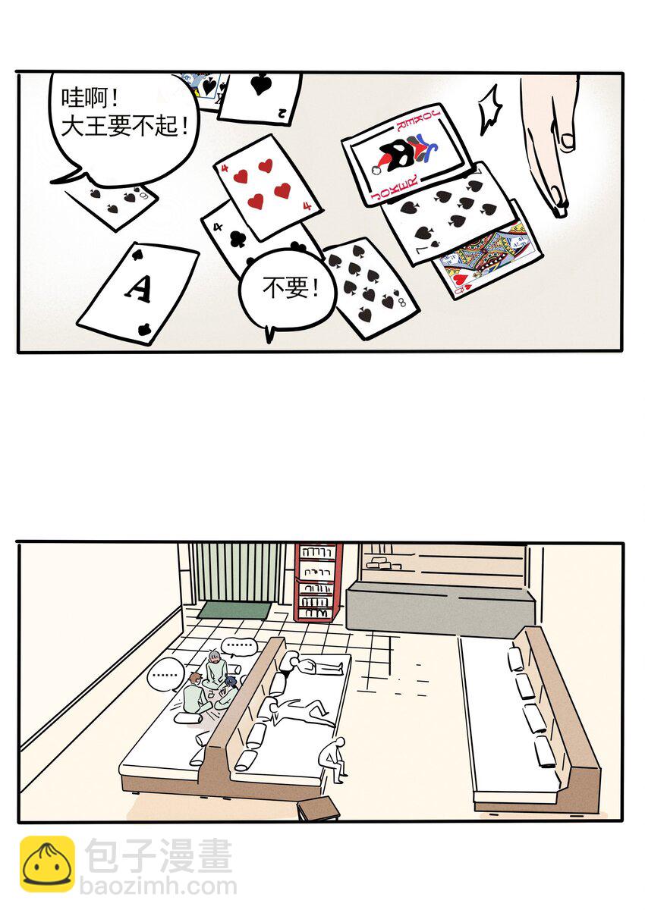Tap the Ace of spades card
coord(138,292)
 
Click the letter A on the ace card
coord(138,287)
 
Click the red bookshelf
coord(318,581)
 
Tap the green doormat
coord(233,610)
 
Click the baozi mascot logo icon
coord(47,864)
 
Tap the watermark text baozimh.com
coord(158,886)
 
